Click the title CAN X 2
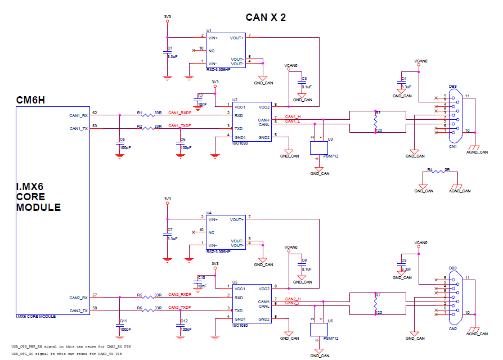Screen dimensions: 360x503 [266, 17]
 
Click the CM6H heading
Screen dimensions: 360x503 [30, 100]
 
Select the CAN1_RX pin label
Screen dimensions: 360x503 [78, 115]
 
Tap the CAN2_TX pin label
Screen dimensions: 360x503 [78, 310]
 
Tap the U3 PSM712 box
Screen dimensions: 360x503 [318, 147]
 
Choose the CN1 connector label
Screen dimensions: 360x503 [452, 147]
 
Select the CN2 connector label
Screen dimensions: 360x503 [452, 329]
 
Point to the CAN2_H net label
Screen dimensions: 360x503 [293, 298]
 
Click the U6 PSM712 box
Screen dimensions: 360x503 [318, 330]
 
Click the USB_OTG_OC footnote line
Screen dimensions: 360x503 [67, 354]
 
